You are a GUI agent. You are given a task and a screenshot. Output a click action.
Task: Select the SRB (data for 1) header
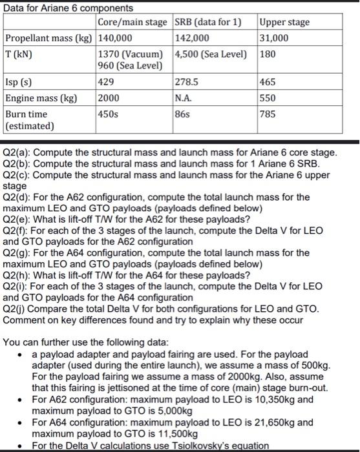(x=208, y=23)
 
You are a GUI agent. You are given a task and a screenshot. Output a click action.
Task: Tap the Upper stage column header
(x=284, y=23)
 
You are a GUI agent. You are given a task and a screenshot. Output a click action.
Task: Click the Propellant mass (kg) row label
(x=49, y=37)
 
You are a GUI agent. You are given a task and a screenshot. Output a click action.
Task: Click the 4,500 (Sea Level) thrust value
(x=211, y=52)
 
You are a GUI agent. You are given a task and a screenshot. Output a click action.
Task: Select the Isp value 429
(x=107, y=83)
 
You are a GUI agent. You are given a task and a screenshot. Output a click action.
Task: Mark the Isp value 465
(x=269, y=83)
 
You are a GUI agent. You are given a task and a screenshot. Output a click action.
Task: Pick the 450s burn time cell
(x=109, y=114)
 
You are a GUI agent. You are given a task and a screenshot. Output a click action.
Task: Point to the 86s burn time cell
(x=183, y=114)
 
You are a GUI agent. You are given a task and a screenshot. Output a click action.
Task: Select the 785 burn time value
(x=269, y=114)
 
